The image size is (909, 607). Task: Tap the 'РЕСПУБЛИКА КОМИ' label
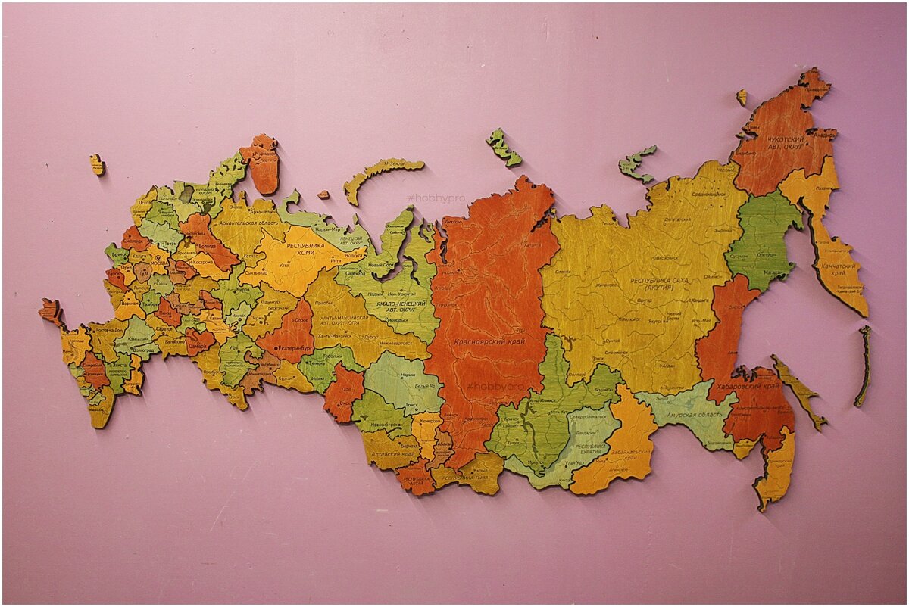pyautogui.click(x=311, y=251)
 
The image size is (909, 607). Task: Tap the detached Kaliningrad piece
pyautogui.click(x=97, y=164)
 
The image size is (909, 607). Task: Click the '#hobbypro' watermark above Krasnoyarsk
pyautogui.click(x=436, y=198)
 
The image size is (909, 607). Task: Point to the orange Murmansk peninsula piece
pyautogui.click(x=262, y=162)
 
